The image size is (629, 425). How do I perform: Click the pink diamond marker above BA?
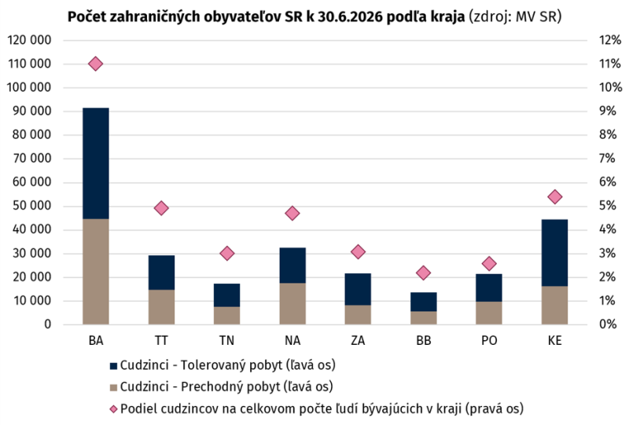[95, 64]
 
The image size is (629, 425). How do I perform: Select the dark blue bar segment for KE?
[554, 253]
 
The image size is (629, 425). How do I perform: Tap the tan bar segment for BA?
[95, 272]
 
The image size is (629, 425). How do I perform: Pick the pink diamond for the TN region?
[227, 254]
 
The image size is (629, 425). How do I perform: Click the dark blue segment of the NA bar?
[292, 266]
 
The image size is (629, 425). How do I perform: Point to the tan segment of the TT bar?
[161, 307]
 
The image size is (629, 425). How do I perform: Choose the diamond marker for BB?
[423, 273]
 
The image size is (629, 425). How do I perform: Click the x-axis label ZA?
[358, 340]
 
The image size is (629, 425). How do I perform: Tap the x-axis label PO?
[489, 340]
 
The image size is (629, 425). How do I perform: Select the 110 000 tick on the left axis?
[29, 64]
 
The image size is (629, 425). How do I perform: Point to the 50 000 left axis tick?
[31, 206]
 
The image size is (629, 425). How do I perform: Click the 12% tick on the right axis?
[610, 40]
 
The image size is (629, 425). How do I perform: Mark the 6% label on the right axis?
[607, 182]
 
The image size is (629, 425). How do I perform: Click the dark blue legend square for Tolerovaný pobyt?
[113, 365]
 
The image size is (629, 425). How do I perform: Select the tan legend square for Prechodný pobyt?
[113, 387]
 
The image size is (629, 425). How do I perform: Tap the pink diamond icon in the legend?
[113, 409]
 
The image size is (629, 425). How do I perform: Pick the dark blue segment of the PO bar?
[489, 288]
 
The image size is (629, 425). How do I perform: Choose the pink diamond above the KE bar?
[555, 197]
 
